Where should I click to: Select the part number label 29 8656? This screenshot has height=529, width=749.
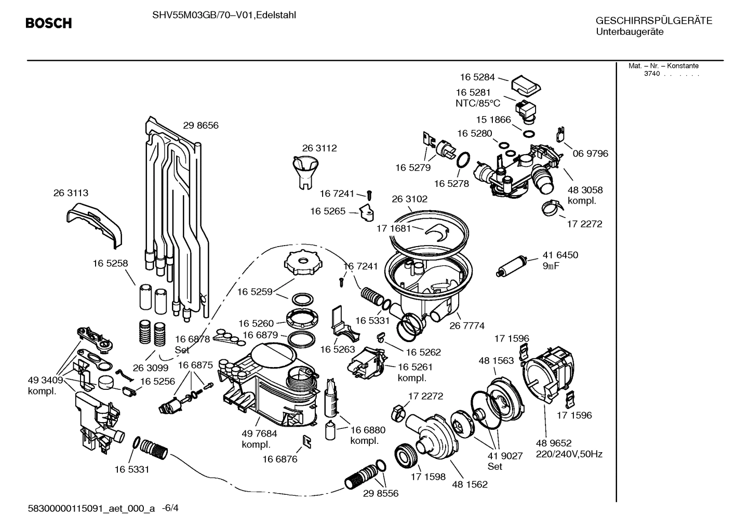(200, 125)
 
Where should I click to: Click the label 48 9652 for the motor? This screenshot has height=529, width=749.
(553, 443)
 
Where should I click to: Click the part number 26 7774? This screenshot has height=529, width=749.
(466, 325)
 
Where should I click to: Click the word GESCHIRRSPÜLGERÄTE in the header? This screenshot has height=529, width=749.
(653, 21)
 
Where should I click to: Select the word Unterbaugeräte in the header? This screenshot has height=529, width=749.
(630, 32)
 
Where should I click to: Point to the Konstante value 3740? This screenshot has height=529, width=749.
(651, 74)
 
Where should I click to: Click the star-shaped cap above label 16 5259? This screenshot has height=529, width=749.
(300, 263)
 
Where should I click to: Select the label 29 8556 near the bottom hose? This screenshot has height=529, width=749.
(381, 493)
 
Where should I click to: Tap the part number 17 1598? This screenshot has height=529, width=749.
(428, 477)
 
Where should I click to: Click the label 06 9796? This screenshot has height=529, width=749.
(590, 153)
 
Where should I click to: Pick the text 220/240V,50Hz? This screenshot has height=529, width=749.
(569, 454)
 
